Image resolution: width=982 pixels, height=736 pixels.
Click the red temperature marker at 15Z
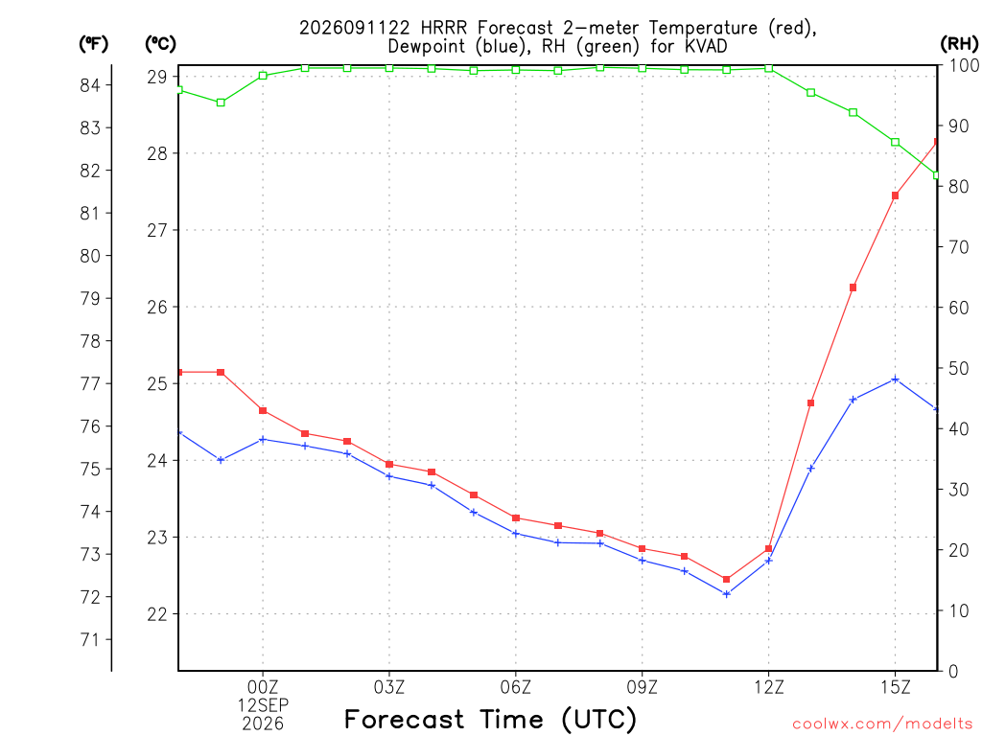pos(895,195)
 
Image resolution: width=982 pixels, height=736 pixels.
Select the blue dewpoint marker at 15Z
pos(895,379)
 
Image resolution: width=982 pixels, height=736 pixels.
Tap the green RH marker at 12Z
pos(768,68)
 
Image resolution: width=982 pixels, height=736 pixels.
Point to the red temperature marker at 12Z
pos(768,549)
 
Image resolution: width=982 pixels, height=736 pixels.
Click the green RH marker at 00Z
pos(263,76)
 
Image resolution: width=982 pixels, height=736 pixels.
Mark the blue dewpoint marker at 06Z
pos(516,534)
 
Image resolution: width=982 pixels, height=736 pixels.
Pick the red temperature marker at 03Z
pos(389,465)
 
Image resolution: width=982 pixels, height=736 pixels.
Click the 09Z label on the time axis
pos(642,687)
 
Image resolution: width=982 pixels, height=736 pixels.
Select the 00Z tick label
pos(263,687)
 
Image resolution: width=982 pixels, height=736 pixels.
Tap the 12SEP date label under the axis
pos(263,705)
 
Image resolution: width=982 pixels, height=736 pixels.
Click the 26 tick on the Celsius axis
pos(157,307)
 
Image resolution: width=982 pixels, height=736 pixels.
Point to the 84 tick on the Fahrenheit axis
pos(90,85)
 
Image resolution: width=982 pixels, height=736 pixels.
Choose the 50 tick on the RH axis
pos(958,368)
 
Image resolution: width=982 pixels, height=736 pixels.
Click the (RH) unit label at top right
pos(959,44)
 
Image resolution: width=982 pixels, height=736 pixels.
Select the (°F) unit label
pos(93,44)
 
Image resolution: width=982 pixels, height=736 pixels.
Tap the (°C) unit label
pos(161,44)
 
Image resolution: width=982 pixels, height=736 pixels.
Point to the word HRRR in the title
pos(445,28)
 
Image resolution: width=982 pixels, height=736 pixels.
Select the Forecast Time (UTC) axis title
pos(490,719)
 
